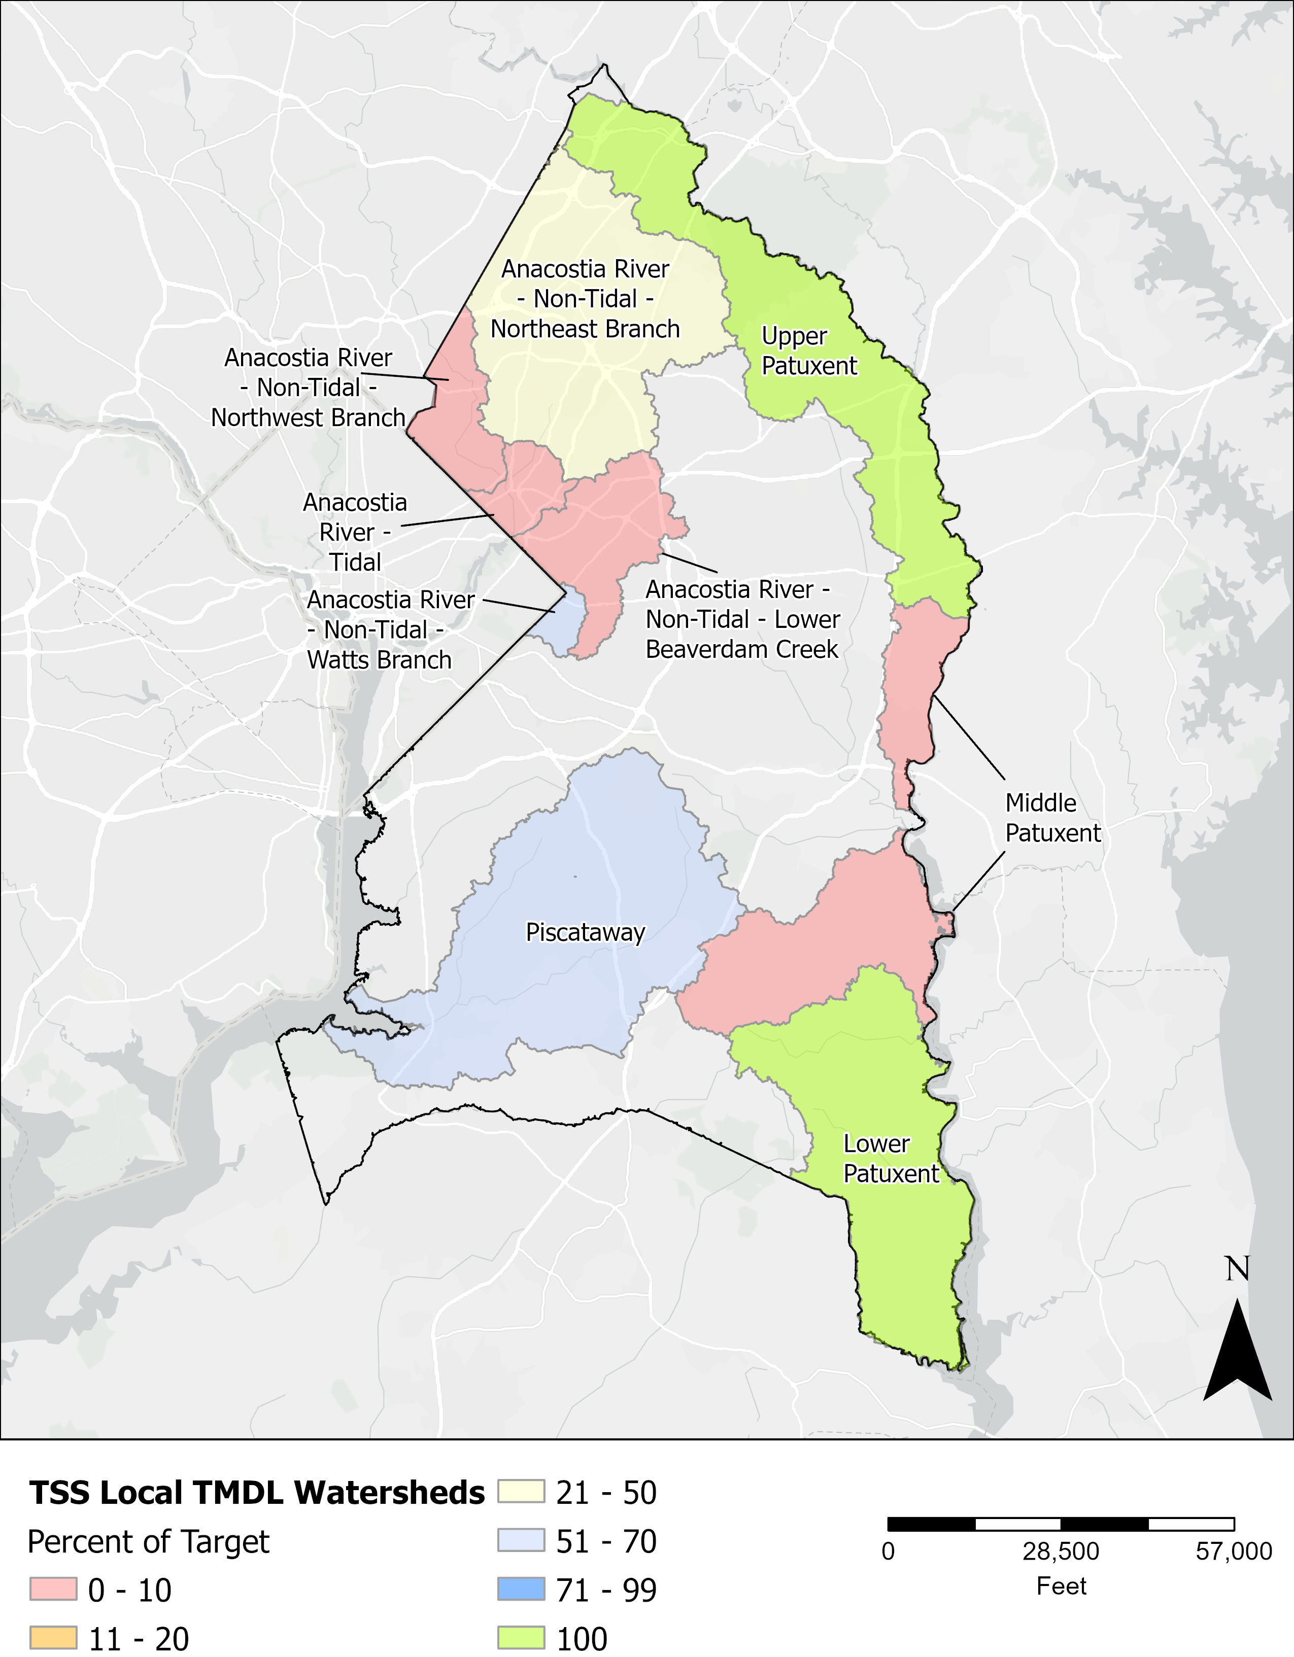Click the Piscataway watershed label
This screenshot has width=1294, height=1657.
[x=585, y=932]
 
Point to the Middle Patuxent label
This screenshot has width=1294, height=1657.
[x=1052, y=818]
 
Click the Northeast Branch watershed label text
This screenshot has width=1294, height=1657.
[x=585, y=299]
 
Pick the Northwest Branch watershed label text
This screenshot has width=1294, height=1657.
[x=308, y=387]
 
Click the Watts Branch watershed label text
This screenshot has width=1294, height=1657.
[x=389, y=630]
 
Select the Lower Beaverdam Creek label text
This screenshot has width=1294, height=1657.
[x=742, y=619]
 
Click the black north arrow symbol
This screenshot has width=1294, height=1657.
[x=1237, y=1351]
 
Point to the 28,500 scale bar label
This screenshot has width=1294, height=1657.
[x=1060, y=1552]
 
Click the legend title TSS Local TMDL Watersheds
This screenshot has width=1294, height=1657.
[x=257, y=1492]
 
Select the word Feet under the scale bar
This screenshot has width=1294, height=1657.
[x=1061, y=1585]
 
